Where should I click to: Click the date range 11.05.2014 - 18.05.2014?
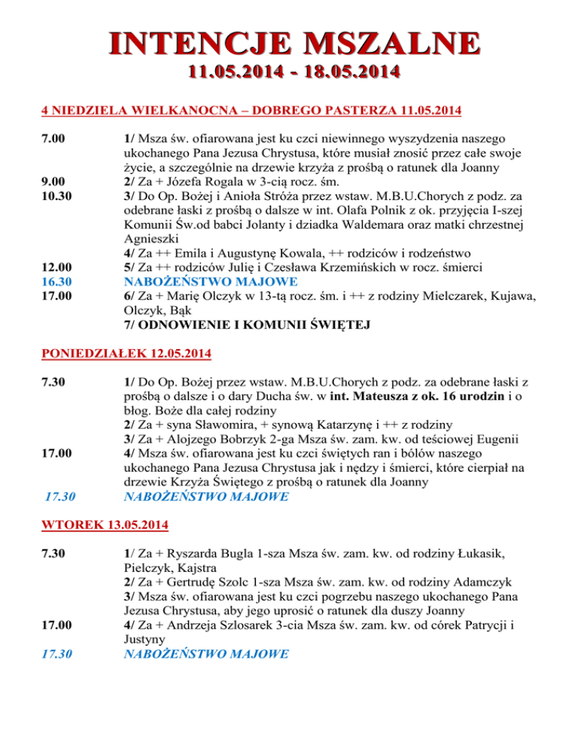click(x=289, y=72)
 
